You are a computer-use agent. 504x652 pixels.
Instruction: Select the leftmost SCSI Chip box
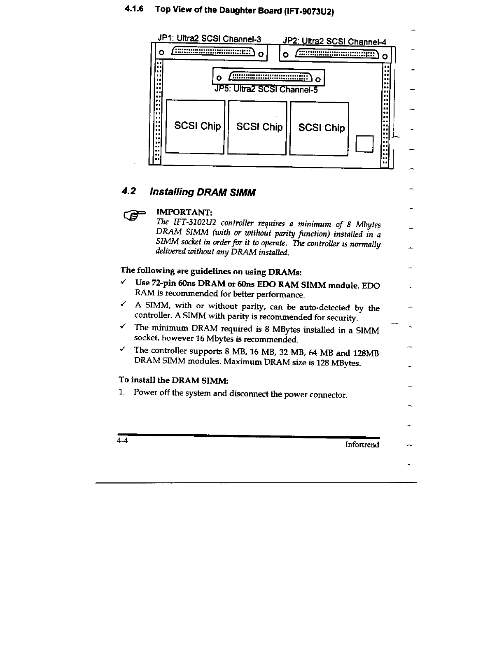[195, 127]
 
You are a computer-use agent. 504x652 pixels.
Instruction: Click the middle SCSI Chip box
[257, 128]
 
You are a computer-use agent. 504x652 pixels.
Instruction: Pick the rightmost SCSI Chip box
[319, 129]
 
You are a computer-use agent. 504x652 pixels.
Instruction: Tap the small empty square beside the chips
[364, 143]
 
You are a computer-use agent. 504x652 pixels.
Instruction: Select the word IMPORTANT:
[184, 212]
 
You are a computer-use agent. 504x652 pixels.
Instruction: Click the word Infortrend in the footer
[362, 445]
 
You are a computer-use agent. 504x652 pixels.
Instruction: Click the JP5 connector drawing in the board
[268, 77]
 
